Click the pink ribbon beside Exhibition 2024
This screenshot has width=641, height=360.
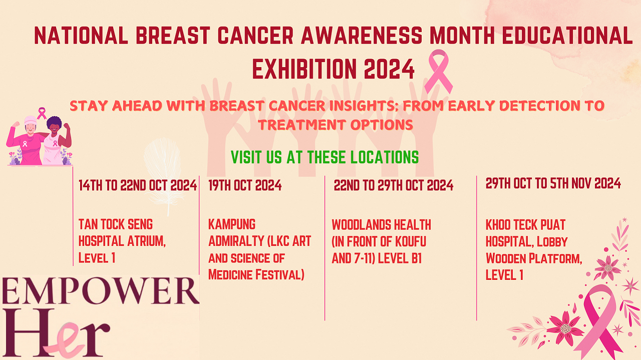pos(438,72)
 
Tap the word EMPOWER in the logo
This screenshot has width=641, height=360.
pos(101,291)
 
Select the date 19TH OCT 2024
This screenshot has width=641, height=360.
pos(245,185)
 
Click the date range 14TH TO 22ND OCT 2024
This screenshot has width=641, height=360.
pos(138,185)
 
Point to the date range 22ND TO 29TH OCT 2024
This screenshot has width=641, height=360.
pos(394,185)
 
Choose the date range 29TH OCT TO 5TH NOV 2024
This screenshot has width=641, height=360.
pos(553,183)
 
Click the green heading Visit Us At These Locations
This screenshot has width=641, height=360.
pos(325,157)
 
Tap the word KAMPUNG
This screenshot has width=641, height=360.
pos(232,224)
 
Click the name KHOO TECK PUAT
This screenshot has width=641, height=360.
pos(525,225)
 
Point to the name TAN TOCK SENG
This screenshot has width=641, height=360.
pos(116,224)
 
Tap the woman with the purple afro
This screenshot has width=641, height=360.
pos(56,140)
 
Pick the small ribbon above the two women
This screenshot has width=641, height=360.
pos(42,113)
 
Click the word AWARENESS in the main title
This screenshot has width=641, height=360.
pos(362,36)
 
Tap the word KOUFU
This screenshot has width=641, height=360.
pos(411,241)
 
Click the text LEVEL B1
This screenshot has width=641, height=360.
pos(400,258)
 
